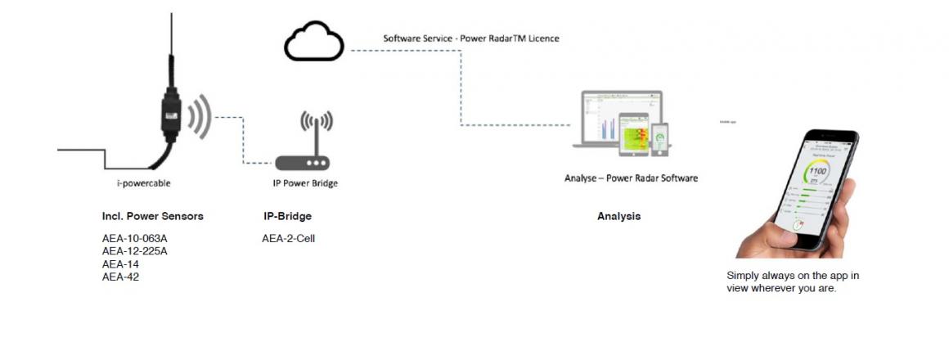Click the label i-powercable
144,183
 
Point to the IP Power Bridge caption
304,184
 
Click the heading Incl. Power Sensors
152,217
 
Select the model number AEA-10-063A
135,239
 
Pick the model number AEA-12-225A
135,251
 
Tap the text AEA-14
120,263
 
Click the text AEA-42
120,277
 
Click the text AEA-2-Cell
288,239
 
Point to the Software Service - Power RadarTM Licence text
471,38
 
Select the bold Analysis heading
618,217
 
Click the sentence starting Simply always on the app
792,281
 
